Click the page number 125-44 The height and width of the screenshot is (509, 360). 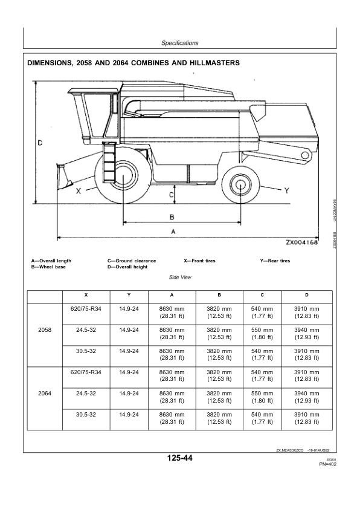[179, 458]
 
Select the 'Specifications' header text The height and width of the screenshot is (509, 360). [179, 43]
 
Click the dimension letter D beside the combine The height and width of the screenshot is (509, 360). [40, 143]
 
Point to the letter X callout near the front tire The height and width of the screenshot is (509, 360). [79, 191]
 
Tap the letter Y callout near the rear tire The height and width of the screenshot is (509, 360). [287, 191]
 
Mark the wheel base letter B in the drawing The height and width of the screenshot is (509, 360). [172, 217]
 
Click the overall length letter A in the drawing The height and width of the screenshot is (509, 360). [173, 232]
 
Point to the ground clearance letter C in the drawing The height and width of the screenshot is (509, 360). [172, 195]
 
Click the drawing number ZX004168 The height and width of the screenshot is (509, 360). [301, 242]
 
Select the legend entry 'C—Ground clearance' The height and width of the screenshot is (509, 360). [132, 261]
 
